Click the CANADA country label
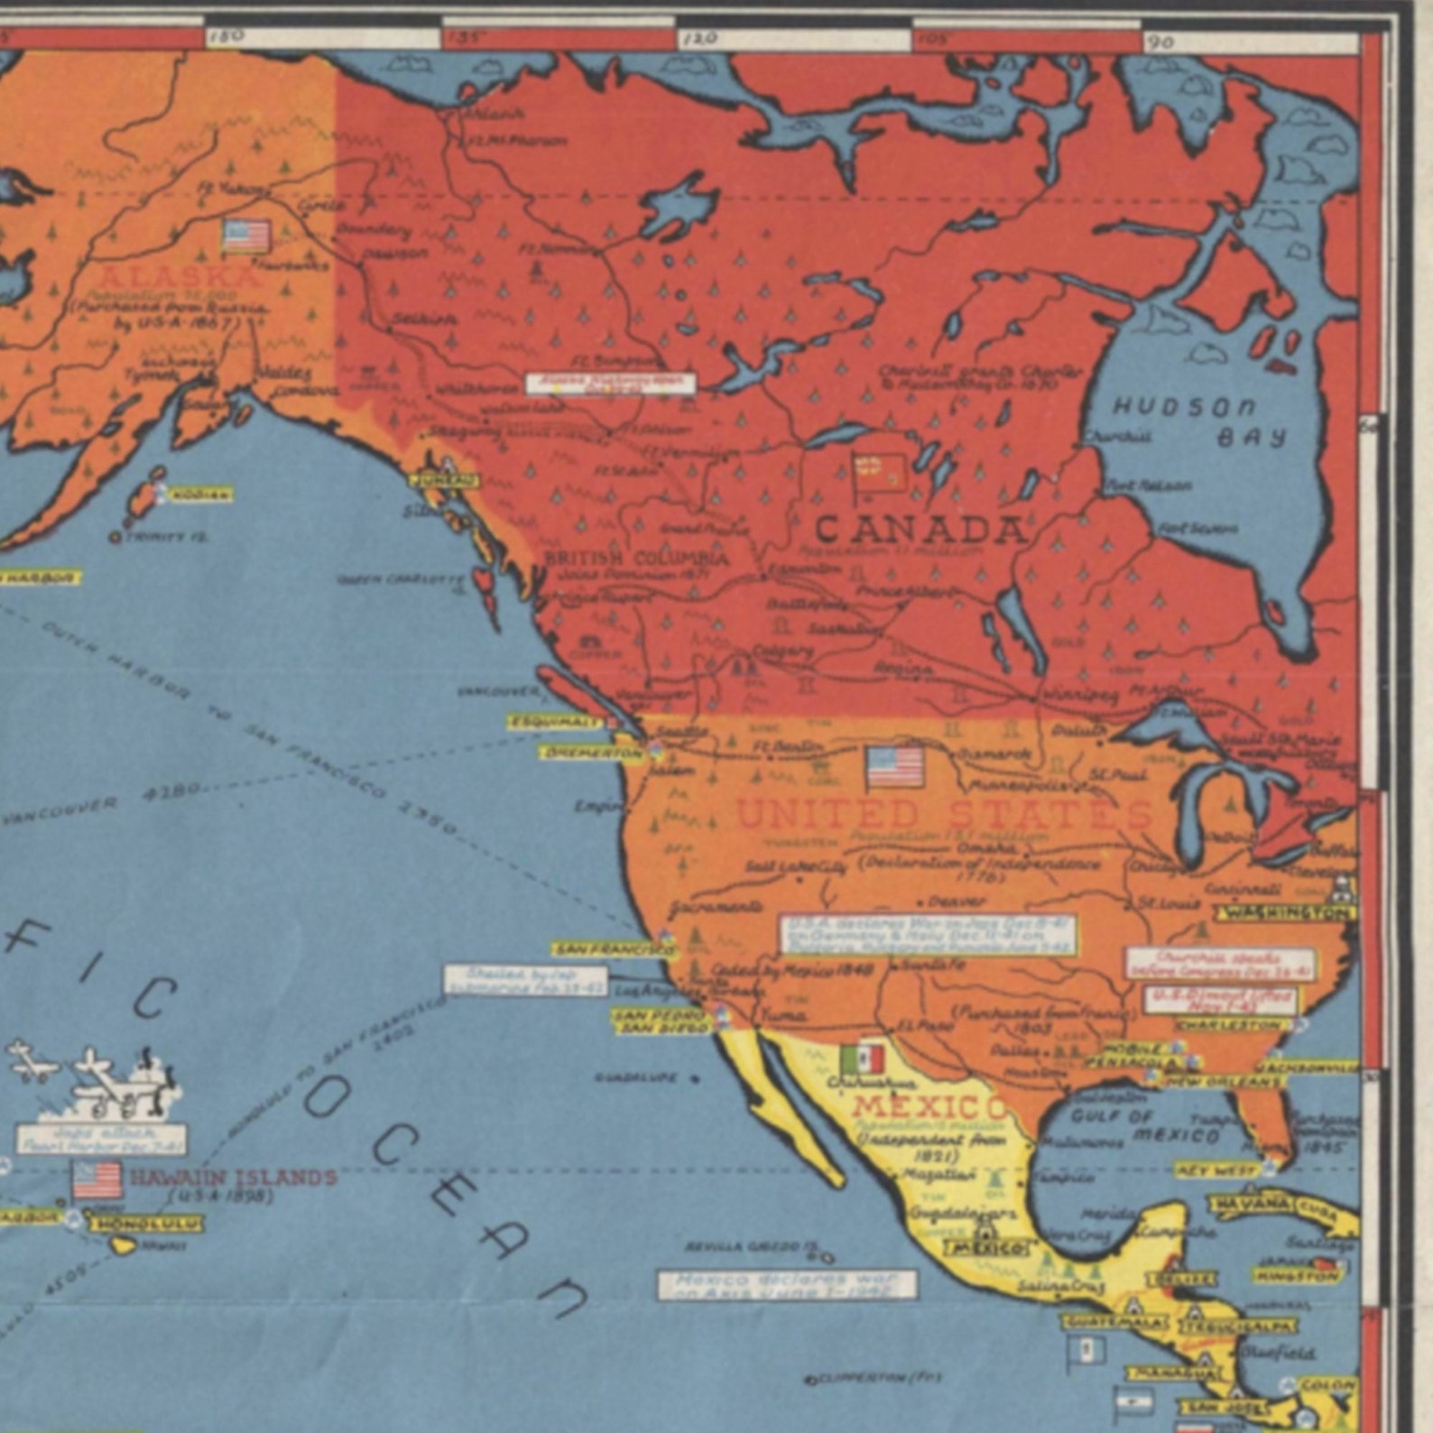920,531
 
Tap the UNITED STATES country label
944,814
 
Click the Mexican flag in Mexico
862,1059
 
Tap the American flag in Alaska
246,236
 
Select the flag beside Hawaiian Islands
97,1179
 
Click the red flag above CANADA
880,473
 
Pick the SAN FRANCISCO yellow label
615,949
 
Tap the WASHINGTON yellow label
1285,913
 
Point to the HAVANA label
1251,1204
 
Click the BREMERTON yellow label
591,752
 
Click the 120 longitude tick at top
699,39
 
